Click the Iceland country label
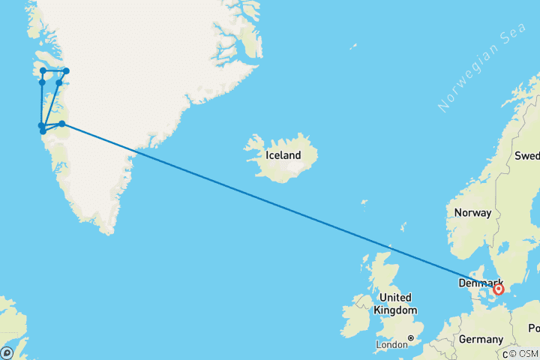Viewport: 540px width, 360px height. (283, 156)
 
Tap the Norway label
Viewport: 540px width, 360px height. (472, 213)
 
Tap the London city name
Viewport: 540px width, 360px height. (391, 346)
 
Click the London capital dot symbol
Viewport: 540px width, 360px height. (411, 337)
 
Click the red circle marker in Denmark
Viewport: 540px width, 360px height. (499, 288)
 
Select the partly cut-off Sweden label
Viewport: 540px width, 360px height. (526, 156)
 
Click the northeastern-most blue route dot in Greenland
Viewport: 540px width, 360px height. (66, 71)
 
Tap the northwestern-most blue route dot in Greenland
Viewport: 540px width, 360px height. (43, 70)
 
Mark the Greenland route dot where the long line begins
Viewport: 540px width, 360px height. (62, 124)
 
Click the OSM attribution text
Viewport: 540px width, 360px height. (525, 353)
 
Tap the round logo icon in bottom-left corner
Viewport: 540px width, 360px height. (7, 352)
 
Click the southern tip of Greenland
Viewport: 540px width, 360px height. (111, 231)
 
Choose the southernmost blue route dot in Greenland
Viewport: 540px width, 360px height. (43, 131)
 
